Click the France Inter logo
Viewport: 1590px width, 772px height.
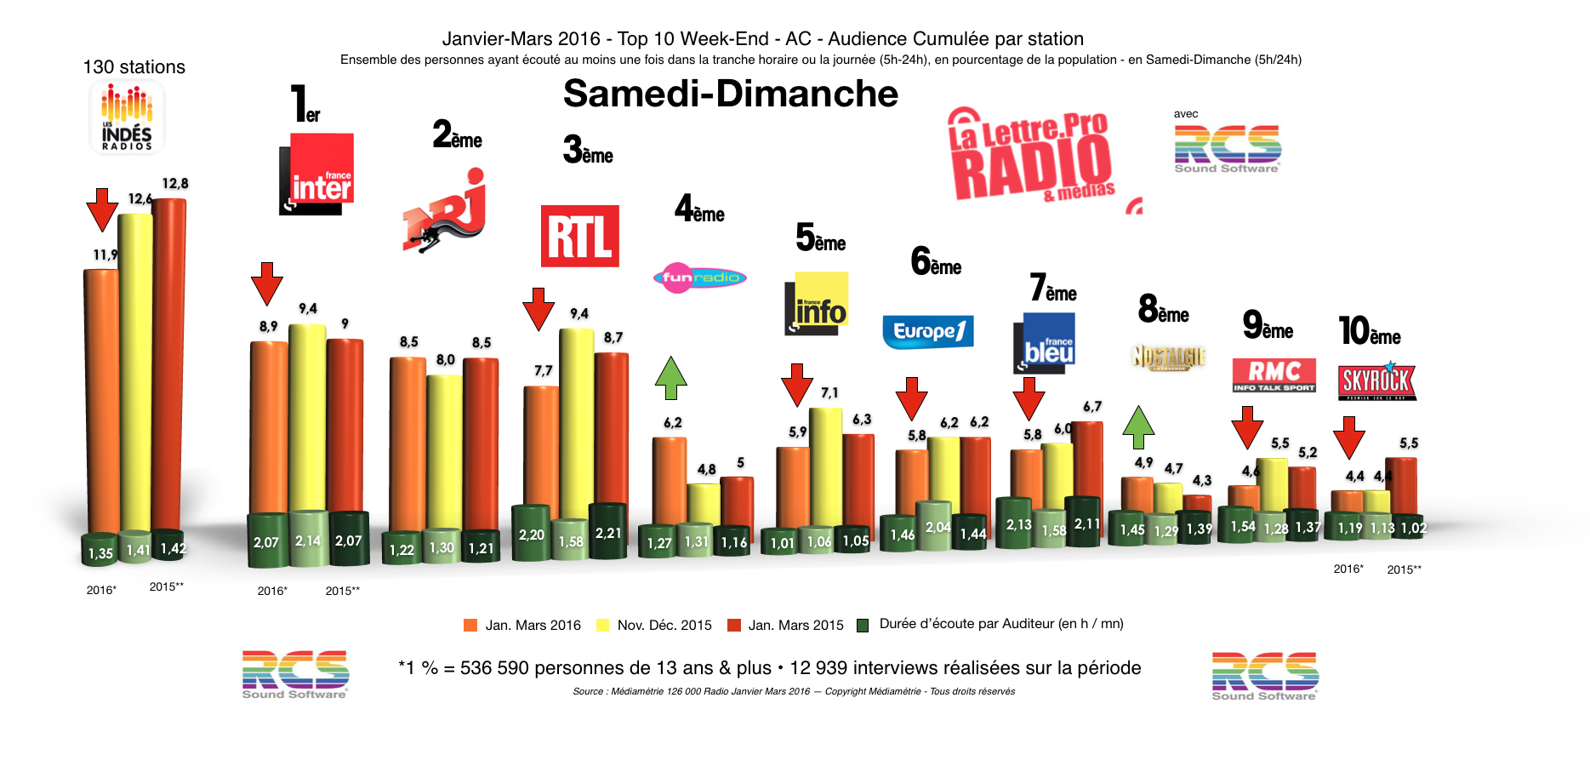pyautogui.click(x=316, y=174)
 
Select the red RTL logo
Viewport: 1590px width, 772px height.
pyautogui.click(x=579, y=236)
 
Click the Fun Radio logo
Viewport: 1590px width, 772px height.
pyautogui.click(x=699, y=277)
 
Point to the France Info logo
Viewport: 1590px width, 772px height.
pyautogui.click(x=817, y=304)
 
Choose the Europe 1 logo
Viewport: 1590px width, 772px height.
pyautogui.click(x=927, y=331)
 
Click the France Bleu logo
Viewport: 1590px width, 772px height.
pyautogui.click(x=1044, y=343)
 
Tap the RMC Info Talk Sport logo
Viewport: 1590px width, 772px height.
pyautogui.click(x=1274, y=375)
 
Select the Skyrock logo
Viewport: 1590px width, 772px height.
pyautogui.click(x=1376, y=380)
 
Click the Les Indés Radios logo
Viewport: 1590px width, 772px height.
pyautogui.click(x=127, y=117)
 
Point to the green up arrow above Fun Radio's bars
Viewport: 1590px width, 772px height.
pyautogui.click(x=671, y=377)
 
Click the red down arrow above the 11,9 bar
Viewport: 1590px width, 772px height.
pyautogui.click(x=102, y=209)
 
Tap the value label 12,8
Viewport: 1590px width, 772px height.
pyautogui.click(x=175, y=184)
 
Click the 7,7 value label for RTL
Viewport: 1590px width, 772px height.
pyautogui.click(x=543, y=371)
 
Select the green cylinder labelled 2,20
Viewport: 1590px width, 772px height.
pyautogui.click(x=531, y=535)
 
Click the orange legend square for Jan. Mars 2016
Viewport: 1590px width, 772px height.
pyautogui.click(x=470, y=625)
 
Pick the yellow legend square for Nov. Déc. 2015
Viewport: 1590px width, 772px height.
pyautogui.click(x=603, y=625)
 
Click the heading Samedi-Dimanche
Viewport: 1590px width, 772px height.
pyautogui.click(x=730, y=94)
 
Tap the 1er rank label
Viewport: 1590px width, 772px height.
pyautogui.click(x=305, y=105)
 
